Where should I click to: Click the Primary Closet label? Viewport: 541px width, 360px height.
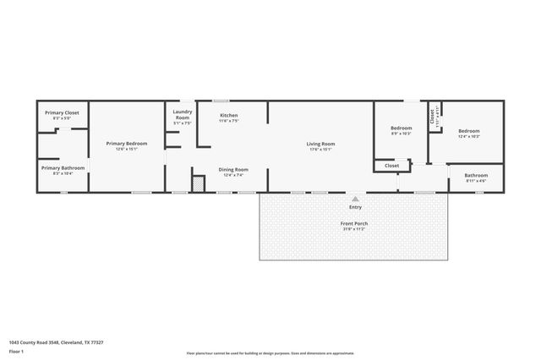pos(62,112)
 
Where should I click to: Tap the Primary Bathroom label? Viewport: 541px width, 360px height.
pos(63,167)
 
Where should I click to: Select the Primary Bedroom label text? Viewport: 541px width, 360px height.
pos(127,144)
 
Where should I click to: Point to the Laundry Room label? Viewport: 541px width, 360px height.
pos(183,114)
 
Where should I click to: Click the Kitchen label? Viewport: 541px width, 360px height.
pos(228,115)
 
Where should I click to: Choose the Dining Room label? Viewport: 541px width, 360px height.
pos(233,170)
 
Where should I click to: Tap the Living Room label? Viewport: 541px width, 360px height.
pos(320,144)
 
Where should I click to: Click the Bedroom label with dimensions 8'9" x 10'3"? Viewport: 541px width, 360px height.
pos(402,128)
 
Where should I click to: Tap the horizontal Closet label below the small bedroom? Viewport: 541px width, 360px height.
pos(391,166)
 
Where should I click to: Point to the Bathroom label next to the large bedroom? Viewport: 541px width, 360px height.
pos(476,175)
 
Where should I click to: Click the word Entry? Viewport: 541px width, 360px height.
pos(355,207)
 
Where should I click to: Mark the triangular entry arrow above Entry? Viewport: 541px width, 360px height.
pos(355,199)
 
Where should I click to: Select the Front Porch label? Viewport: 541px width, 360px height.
pos(354,223)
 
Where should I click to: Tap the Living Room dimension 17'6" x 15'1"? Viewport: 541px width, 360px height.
pos(320,150)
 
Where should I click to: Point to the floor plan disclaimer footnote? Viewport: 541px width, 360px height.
pos(270,353)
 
